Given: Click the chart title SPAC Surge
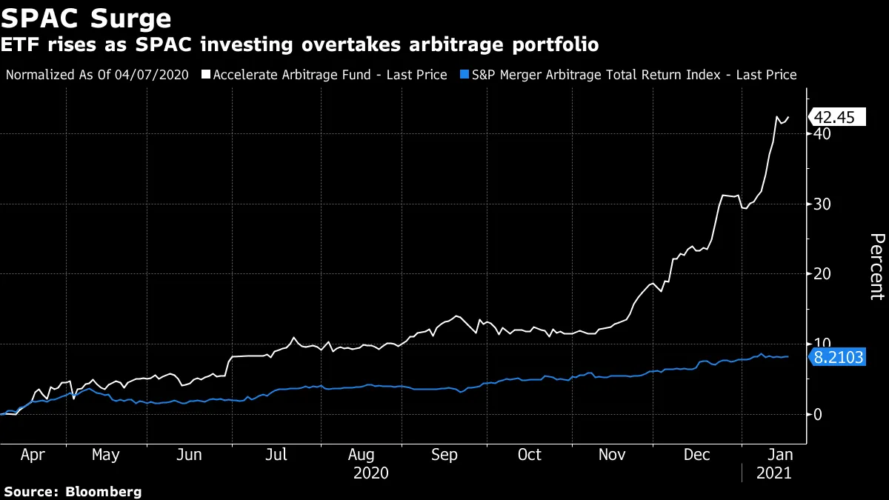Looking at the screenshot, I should point(87,17).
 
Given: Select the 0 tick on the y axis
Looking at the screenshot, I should point(817,414).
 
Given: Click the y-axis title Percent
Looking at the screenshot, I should point(876,267).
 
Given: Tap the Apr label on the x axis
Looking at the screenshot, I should point(33,455).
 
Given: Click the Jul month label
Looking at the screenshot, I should point(276,455).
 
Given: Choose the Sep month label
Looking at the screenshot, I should point(444,455).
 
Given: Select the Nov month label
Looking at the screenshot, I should point(613,455).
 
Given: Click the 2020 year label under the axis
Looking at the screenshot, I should point(371,473).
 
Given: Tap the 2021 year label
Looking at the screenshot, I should point(773,473).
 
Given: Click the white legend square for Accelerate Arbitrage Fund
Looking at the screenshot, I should point(206,75).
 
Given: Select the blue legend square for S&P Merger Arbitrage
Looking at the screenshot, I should point(465,75).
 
